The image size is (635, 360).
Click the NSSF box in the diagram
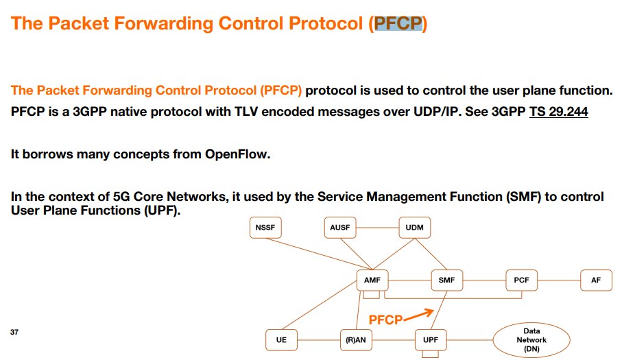265,228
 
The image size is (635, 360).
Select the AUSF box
339,228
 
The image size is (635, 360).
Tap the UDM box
415,228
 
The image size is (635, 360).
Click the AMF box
372,280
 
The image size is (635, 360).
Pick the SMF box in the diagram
446,280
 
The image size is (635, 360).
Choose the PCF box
521,280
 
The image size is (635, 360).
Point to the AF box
596,280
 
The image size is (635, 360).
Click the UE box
281,340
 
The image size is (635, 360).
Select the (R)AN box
356,340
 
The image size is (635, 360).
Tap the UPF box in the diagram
431,340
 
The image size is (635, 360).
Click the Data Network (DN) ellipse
531,340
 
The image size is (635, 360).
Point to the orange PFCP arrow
418,315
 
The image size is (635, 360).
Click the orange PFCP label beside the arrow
385,320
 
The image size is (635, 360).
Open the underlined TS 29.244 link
559,112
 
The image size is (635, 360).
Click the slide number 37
14,332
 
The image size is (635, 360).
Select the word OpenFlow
237,154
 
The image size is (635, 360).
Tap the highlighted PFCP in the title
398,23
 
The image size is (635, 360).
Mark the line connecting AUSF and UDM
377,228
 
